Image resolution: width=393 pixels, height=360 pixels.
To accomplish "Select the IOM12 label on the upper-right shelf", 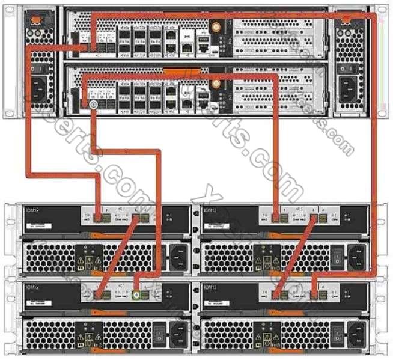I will click(x=211, y=210).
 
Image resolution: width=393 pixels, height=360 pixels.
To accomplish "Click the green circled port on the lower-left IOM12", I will click(x=137, y=295).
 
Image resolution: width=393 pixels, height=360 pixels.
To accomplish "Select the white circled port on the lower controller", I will click(x=93, y=105).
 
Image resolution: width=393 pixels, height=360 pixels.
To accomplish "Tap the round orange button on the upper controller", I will click(x=214, y=27).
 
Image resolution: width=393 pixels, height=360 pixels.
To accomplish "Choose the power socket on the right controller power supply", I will click(x=350, y=90).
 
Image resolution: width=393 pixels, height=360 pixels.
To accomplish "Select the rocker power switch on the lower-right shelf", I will click(x=338, y=329).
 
